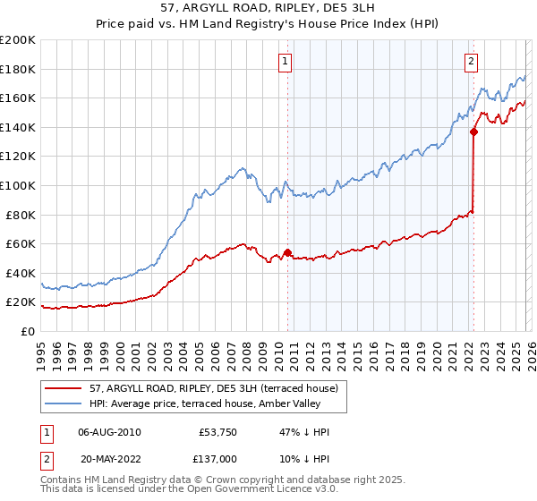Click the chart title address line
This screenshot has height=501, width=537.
coord(268,9)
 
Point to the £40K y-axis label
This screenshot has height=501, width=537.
coord(21,273)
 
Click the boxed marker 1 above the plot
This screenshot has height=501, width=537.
coord(285,62)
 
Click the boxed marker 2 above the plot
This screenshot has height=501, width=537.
coord(471,62)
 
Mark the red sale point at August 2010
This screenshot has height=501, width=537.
coord(287,252)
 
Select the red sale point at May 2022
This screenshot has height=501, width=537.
coord(473,132)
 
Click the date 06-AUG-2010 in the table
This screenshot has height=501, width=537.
coord(109,432)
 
